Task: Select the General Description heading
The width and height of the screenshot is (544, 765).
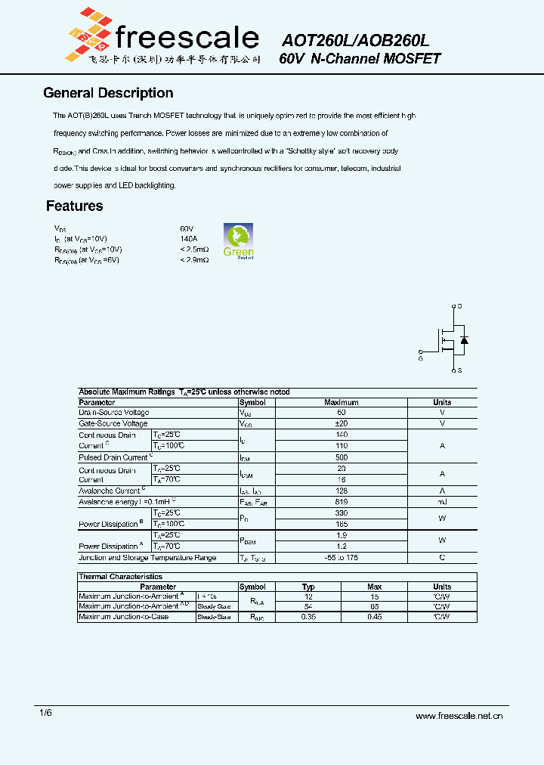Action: [108, 93]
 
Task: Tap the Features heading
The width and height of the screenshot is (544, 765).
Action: [74, 206]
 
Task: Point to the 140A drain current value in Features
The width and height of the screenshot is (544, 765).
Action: [188, 239]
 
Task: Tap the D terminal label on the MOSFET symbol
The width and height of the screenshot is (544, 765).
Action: [459, 306]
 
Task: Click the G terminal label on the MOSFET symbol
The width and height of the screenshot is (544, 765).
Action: [421, 358]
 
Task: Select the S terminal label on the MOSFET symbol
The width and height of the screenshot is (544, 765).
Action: [459, 371]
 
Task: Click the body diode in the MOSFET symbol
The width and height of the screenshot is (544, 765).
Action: [464, 340]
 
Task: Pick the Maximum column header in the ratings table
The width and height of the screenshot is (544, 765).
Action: [341, 403]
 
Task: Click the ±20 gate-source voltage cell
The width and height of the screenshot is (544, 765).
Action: [341, 424]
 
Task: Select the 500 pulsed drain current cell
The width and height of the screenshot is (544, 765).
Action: [341, 458]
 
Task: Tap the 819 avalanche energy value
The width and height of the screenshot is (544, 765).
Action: [341, 502]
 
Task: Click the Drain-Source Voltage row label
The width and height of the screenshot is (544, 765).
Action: [114, 413]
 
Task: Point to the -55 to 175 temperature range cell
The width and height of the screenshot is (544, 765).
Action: [341, 558]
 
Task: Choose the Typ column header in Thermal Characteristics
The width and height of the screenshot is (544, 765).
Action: [308, 587]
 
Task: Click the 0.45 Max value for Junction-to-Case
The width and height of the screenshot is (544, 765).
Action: [374, 617]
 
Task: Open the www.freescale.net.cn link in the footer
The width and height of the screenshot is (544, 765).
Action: [459, 716]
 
